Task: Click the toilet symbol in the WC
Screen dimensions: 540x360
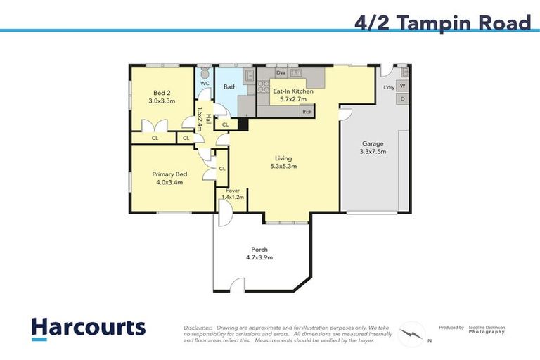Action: tap(205, 72)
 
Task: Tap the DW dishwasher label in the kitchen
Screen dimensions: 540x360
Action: tap(281, 72)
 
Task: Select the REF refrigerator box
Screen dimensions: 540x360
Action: tap(307, 112)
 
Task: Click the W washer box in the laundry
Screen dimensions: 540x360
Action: tap(402, 86)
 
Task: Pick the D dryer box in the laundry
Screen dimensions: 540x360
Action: tap(402, 99)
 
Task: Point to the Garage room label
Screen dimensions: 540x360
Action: tap(373, 143)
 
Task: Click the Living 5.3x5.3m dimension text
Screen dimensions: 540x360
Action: tap(283, 167)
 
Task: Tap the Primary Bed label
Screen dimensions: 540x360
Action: tap(169, 174)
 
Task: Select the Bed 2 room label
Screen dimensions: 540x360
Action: tap(162, 93)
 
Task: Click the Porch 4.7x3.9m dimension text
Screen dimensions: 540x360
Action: tap(259, 257)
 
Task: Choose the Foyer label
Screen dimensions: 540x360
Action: tap(233, 191)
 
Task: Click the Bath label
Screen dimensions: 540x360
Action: tap(230, 86)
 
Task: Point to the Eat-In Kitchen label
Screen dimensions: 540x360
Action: tap(293, 91)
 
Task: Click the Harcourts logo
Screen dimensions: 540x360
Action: tap(89, 328)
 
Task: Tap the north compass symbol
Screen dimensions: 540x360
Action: tap(411, 334)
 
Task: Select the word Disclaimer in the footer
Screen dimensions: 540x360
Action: tap(198, 328)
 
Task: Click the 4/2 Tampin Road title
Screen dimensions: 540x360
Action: tap(443, 22)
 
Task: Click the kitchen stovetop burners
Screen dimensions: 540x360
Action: tap(264, 86)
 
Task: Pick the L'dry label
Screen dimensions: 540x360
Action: tap(389, 87)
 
